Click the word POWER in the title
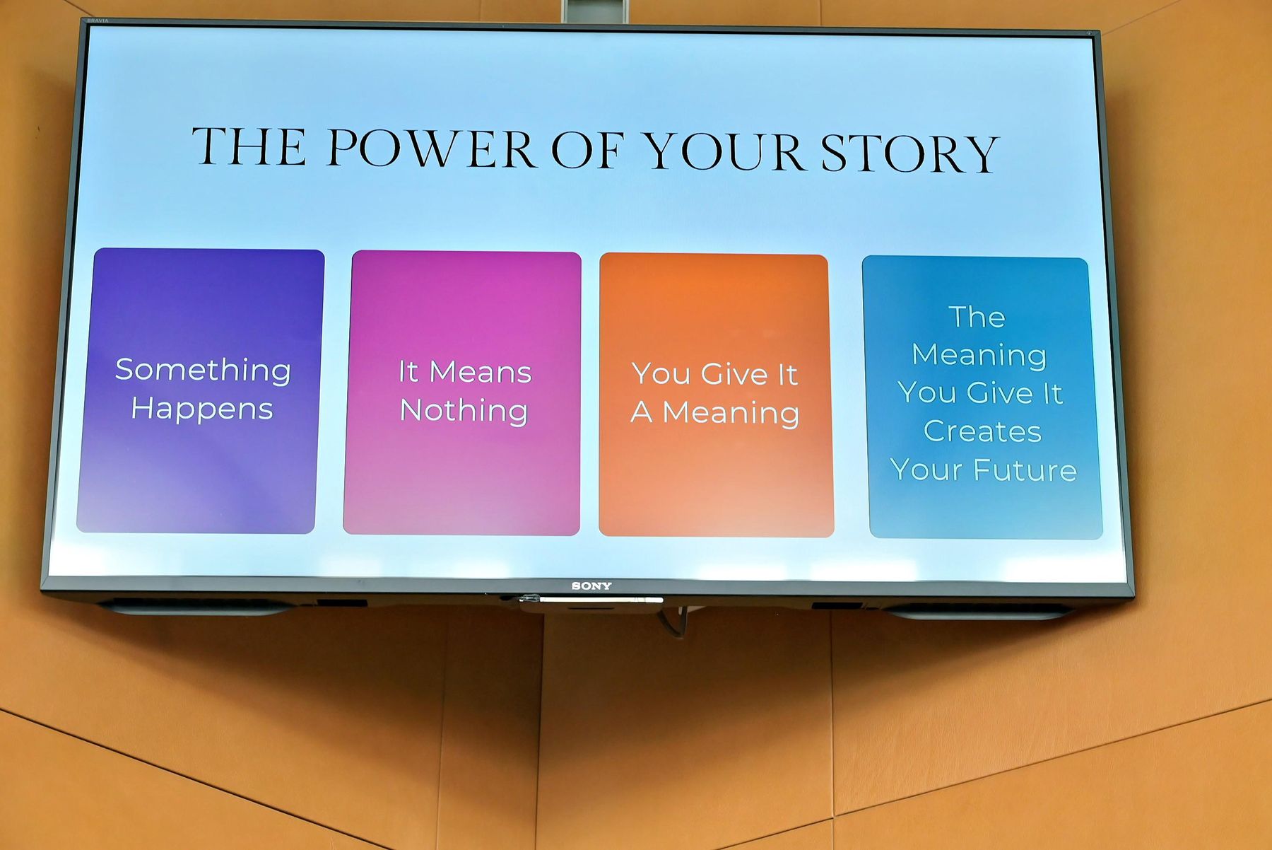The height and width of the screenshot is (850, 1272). click(430, 149)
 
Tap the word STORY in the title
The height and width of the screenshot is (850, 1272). click(909, 153)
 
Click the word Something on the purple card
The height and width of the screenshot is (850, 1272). click(203, 371)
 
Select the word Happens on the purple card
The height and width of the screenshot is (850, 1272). click(202, 409)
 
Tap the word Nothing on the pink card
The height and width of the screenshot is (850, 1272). click(464, 411)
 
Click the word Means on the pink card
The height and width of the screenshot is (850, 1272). click(481, 372)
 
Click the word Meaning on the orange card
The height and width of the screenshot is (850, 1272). click(731, 413)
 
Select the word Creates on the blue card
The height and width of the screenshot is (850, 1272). click(982, 431)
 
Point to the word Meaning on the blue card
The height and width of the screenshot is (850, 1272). click(979, 355)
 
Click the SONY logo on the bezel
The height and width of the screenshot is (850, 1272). click(591, 586)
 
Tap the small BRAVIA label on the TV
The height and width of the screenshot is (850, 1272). click(98, 21)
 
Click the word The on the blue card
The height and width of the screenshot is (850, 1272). click(977, 317)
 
